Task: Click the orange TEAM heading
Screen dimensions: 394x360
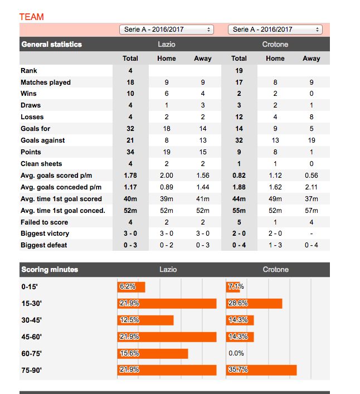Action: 31,17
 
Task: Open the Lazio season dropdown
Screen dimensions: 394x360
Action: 166,30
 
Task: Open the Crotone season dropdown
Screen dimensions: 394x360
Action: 275,30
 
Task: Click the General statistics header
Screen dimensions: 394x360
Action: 51,45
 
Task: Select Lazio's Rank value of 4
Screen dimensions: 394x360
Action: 130,70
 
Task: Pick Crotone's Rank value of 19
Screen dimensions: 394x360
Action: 239,70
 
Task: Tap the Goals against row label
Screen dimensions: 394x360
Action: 42,140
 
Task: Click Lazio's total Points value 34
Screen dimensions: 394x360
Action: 130,152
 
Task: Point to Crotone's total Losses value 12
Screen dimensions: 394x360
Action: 239,117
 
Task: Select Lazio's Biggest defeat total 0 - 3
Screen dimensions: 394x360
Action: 130,245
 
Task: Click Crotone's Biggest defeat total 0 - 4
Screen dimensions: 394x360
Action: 239,245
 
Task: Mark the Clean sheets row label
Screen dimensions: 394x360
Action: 41,164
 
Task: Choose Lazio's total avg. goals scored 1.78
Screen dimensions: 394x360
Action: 130,176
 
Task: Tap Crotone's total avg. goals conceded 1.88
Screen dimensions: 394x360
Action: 239,187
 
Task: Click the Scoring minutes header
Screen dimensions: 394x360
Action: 49,270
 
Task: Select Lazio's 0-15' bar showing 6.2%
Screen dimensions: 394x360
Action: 132,286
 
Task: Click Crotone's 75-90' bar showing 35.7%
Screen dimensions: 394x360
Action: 261,370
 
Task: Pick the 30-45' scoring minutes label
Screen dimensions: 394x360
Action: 32,320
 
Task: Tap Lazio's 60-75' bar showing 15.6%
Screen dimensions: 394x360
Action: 153,353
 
